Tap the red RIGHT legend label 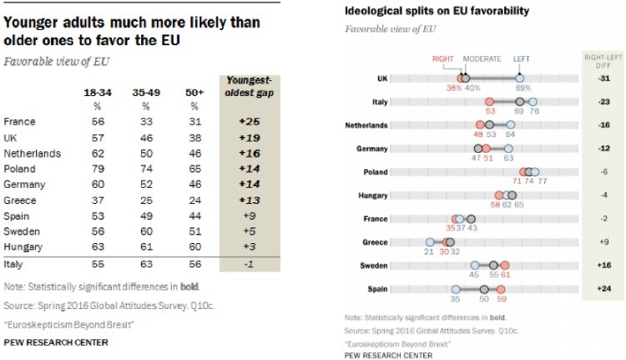point(442,59)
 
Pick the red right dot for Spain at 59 point(502,289)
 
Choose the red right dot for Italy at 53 point(489,101)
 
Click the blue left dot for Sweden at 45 point(474,265)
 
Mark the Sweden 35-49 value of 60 point(146,231)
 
